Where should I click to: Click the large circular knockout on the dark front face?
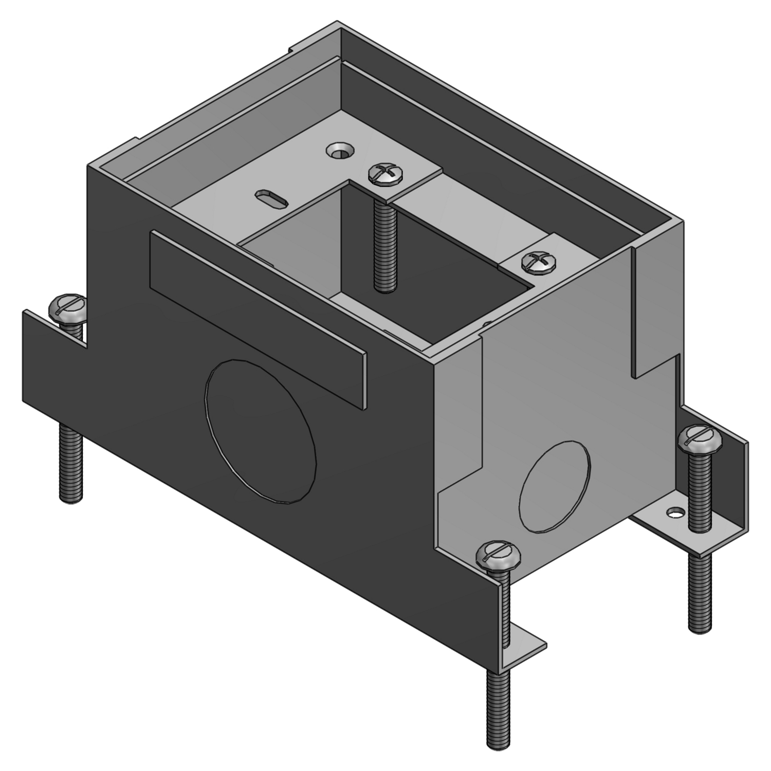coord(261,430)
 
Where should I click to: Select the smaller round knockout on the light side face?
coord(555,487)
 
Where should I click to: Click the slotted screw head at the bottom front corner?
coord(498,554)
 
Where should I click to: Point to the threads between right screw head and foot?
coord(700,488)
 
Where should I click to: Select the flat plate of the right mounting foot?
coord(663,529)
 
